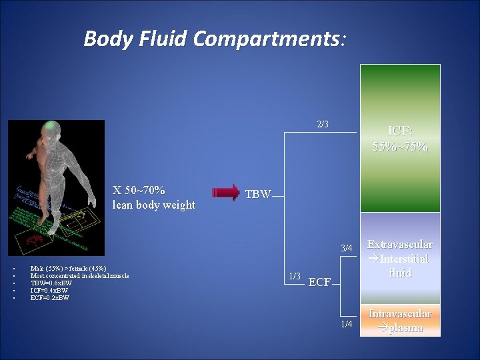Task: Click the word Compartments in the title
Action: pos(267,39)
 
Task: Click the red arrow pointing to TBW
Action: pos(226,193)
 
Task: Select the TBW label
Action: pos(258,195)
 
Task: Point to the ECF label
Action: pos(319,283)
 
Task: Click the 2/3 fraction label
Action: pos(323,124)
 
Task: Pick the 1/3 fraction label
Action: pos(294,276)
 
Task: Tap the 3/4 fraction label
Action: pos(346,249)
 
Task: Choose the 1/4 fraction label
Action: pos(346,324)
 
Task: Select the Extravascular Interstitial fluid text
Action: pos(400,259)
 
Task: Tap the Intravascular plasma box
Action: pos(400,321)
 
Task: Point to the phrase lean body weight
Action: pos(153,205)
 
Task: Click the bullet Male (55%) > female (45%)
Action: pos(68,269)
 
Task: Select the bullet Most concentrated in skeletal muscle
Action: pos(79,276)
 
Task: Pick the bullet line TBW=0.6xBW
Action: pos(51,283)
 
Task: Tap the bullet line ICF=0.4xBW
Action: pos(49,291)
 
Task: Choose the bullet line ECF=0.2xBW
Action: pos(50,298)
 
